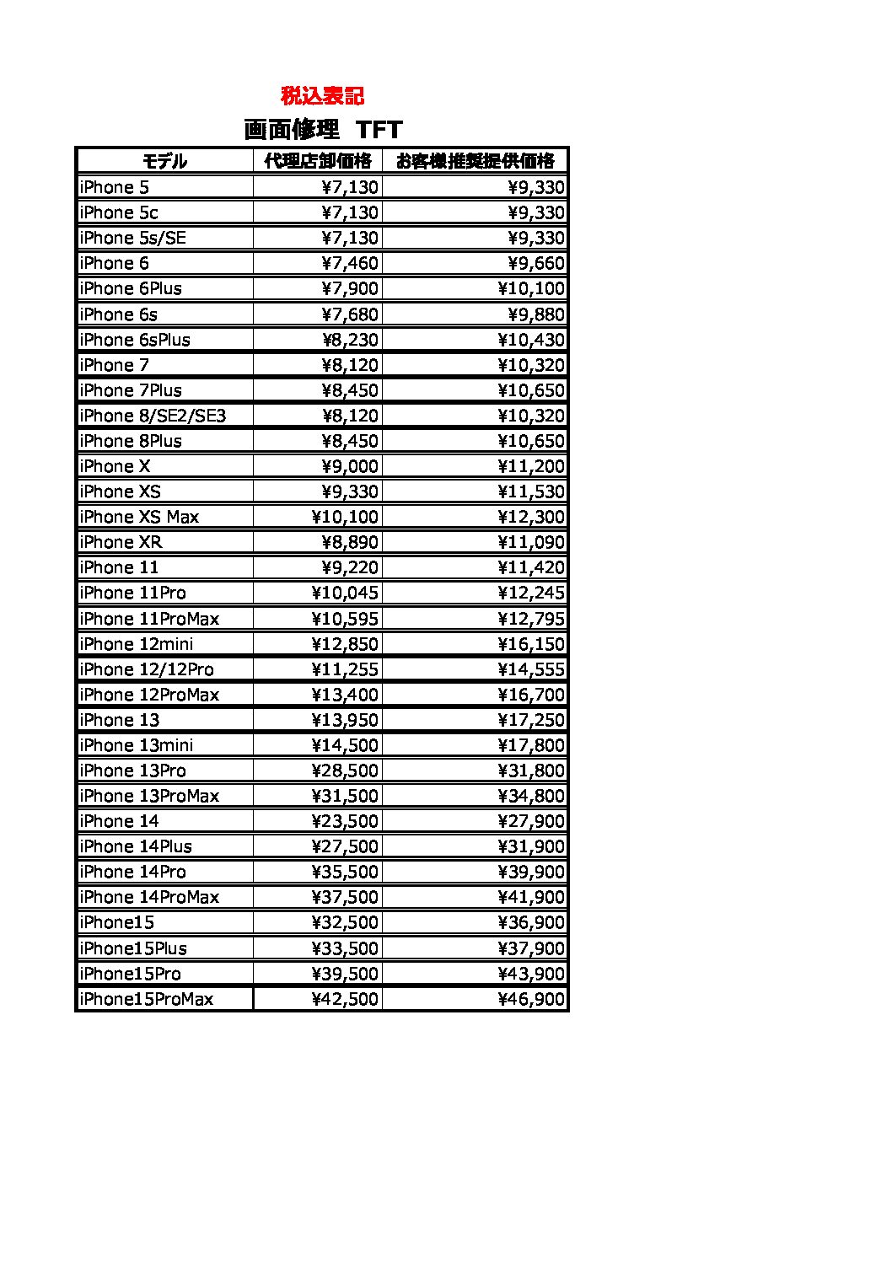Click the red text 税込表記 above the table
click(x=322, y=95)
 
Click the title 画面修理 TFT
click(x=323, y=129)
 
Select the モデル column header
click(x=164, y=161)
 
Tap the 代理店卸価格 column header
click(x=318, y=161)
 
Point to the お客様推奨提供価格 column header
click(x=476, y=161)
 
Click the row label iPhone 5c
click(x=119, y=212)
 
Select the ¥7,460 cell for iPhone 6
click(x=350, y=263)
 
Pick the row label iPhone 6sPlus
click(x=135, y=340)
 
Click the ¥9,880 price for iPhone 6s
click(x=536, y=314)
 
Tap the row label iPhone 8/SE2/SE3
click(x=153, y=416)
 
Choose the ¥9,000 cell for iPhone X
click(x=350, y=466)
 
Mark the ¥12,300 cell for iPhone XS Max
click(x=531, y=517)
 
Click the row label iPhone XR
click(x=121, y=542)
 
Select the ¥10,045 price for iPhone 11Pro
click(x=345, y=593)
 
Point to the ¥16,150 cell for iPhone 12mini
click(x=531, y=644)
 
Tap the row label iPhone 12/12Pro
click(x=147, y=669)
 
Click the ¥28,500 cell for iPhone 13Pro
click(x=345, y=771)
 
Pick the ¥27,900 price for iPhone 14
click(x=531, y=821)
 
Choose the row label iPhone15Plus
click(x=133, y=948)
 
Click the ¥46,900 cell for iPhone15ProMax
click(x=531, y=999)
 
